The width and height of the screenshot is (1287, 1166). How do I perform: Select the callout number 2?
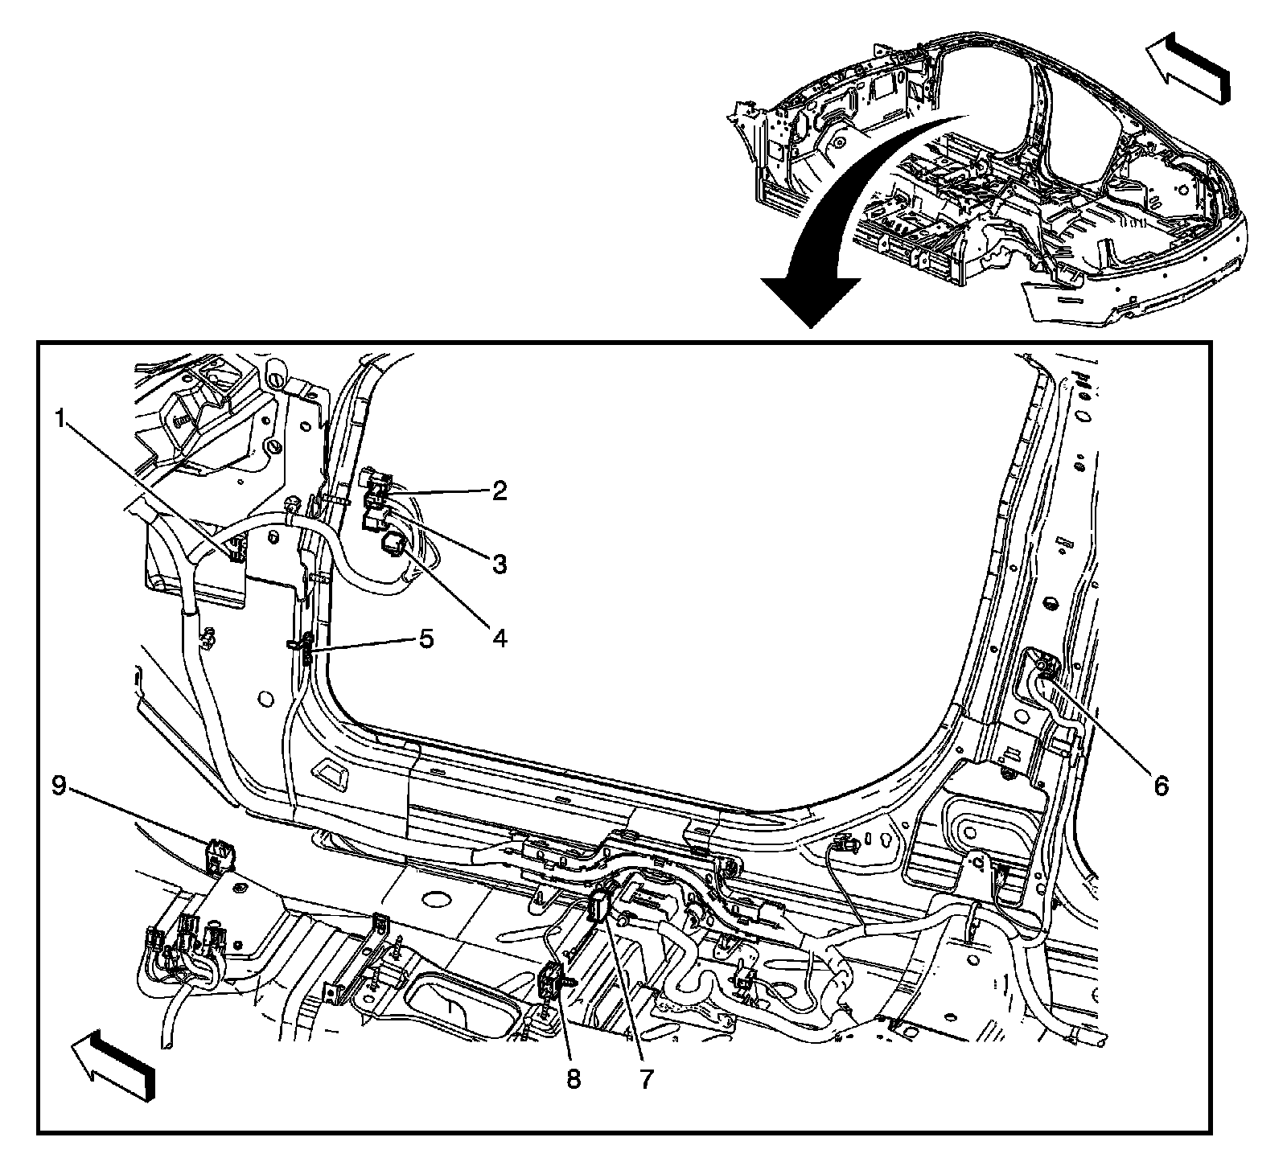500,491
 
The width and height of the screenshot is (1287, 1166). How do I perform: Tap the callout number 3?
500,565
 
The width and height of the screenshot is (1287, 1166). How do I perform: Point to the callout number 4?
500,638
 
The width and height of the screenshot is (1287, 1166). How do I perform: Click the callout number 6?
1160,786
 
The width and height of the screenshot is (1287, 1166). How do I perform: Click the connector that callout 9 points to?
219,856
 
